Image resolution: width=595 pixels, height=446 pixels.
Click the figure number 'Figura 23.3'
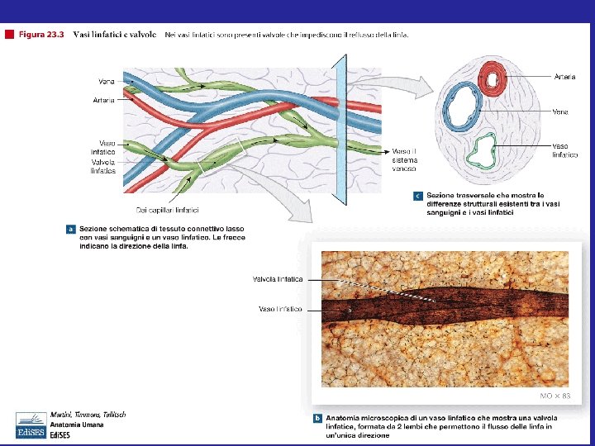[x=40, y=35]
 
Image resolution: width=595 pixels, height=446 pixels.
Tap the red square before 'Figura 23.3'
[x=9, y=35]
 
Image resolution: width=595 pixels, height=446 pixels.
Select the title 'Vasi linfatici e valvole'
[x=115, y=35]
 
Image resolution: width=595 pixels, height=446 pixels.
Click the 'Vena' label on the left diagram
[x=107, y=81]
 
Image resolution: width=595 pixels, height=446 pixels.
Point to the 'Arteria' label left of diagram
[x=103, y=101]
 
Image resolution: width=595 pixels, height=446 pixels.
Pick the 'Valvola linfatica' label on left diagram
[x=103, y=167]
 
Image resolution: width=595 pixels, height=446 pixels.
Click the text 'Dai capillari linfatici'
[x=168, y=210]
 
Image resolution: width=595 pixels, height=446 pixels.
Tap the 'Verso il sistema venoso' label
[x=404, y=159]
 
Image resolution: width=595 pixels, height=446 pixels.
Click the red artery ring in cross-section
[x=495, y=79]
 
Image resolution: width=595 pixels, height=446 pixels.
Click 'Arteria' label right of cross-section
[x=565, y=76]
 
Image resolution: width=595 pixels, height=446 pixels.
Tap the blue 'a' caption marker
[x=71, y=229]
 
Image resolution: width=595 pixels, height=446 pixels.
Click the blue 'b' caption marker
[x=318, y=419]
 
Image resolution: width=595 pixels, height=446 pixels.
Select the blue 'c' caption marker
[x=418, y=196]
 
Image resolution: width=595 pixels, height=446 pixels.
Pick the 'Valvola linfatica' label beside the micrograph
[x=278, y=279]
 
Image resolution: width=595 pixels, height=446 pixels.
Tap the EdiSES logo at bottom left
[x=31, y=425]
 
